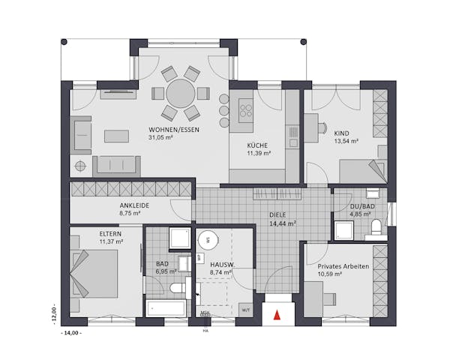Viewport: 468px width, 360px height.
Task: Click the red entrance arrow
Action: (x=279, y=316)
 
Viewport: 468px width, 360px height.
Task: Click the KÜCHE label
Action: (x=258, y=145)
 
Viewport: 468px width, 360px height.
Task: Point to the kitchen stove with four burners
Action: (x=245, y=111)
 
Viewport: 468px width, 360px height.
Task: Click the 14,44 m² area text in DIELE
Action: (x=282, y=223)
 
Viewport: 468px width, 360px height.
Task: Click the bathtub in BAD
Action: (x=166, y=308)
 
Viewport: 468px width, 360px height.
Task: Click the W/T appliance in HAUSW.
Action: (x=245, y=308)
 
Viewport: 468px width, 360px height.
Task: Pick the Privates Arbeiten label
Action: (x=342, y=266)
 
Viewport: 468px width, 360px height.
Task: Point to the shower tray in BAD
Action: (x=178, y=238)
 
